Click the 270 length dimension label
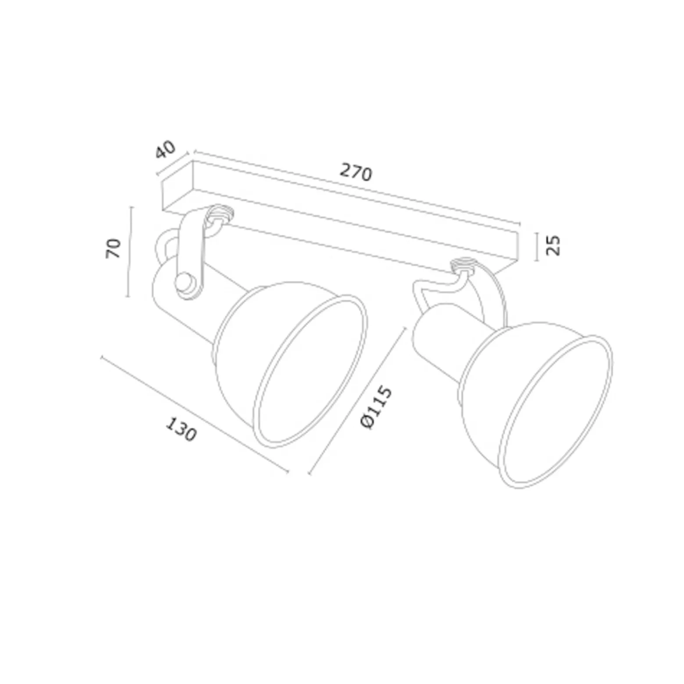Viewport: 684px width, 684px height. [x=356, y=172]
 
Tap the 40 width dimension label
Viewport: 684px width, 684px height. [x=165, y=149]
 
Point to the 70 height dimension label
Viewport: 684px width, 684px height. [x=114, y=248]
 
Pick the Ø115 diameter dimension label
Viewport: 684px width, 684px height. [x=375, y=407]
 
